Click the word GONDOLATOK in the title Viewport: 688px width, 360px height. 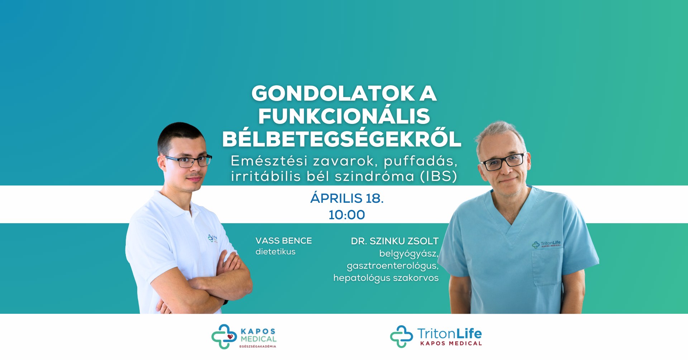(333, 93)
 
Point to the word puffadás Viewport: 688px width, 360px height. (420, 161)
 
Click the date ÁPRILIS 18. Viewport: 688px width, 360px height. (347, 198)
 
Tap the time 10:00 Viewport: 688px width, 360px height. (347, 215)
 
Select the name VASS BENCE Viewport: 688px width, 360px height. (283, 241)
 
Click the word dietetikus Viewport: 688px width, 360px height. (275, 251)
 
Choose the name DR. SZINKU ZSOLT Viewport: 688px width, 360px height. (395, 241)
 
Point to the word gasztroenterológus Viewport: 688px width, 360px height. (392, 266)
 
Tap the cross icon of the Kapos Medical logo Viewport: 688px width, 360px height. (224, 337)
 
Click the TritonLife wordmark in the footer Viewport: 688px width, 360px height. (449, 333)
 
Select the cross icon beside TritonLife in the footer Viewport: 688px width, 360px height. (401, 336)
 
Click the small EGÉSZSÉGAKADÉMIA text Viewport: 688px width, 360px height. (258, 346)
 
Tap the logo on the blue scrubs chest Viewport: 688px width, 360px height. (546, 244)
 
